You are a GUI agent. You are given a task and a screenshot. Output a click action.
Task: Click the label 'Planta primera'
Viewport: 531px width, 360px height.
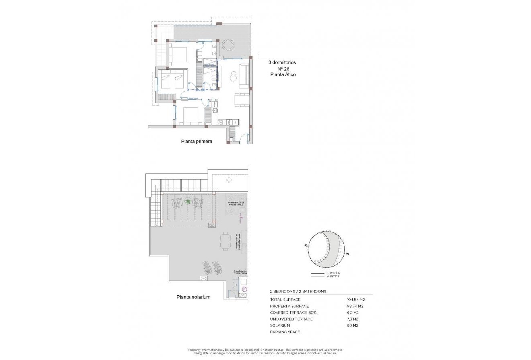point(196,142)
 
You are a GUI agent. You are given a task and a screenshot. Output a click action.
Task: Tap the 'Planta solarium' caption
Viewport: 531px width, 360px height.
point(193,297)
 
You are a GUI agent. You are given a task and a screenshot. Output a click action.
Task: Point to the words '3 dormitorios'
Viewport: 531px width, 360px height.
point(282,62)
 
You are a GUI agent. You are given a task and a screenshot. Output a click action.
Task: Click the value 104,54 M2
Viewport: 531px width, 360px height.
point(356,300)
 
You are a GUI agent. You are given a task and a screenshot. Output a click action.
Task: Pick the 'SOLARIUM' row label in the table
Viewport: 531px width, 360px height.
point(280,325)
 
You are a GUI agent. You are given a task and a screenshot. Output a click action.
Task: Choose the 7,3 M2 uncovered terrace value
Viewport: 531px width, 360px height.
point(352,319)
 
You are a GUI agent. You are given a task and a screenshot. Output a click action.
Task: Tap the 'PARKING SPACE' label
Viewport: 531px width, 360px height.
point(285,332)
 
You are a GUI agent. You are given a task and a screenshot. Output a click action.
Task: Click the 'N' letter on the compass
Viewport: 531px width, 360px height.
point(306,245)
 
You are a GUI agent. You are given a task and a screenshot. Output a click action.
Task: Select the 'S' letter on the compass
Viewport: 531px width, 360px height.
point(347,254)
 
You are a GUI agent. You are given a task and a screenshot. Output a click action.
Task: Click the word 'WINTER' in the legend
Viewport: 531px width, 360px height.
point(333,276)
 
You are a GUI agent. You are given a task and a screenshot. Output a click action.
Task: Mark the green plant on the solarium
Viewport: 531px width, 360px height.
point(188,201)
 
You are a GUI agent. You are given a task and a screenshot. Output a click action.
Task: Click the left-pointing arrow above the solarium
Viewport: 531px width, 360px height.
point(229,180)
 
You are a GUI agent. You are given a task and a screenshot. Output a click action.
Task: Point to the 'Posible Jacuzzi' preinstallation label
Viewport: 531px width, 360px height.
point(236,204)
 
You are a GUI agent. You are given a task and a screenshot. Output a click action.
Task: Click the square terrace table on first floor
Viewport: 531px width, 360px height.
point(228,45)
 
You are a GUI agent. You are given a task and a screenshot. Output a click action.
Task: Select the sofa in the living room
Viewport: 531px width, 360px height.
point(244,75)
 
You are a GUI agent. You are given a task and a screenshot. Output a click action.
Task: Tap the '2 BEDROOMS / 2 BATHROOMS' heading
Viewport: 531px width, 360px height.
point(298,291)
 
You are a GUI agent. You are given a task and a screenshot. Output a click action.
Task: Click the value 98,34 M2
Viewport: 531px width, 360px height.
point(356,306)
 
